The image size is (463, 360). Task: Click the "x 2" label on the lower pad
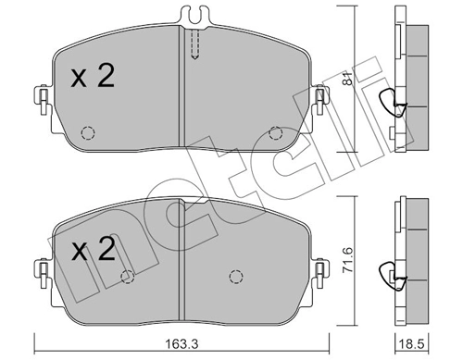pyautogui.click(x=92, y=250)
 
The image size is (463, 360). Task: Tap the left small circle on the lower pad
pyautogui.click(x=128, y=277)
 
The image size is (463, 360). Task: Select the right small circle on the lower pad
pyautogui.click(x=236, y=275)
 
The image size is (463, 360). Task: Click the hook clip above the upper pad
pyautogui.click(x=193, y=16)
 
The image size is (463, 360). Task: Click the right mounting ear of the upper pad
pyautogui.click(x=321, y=97)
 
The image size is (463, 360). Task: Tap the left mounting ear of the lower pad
pyautogui.click(x=41, y=268)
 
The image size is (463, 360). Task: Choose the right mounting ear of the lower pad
pyautogui.click(x=321, y=268)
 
